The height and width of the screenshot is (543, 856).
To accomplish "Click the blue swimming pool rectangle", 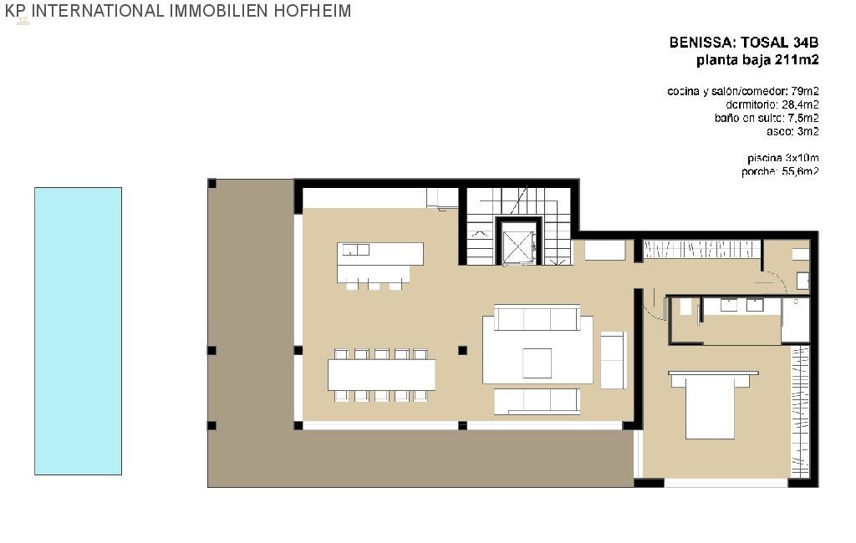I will click(78, 331).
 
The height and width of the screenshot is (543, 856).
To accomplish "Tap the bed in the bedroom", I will click(710, 404).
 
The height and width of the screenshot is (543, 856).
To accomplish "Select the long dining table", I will click(381, 374).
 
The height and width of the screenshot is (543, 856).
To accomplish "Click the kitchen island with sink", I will click(380, 261).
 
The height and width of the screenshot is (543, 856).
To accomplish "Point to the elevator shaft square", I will click(519, 243).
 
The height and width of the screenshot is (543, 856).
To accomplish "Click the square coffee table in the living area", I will click(537, 363).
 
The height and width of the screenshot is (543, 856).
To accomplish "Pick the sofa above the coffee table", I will click(537, 318).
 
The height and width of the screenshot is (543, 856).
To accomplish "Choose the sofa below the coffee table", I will click(537, 400).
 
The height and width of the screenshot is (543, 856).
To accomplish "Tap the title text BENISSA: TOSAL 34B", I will click(743, 42).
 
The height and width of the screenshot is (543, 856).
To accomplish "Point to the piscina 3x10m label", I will click(782, 158).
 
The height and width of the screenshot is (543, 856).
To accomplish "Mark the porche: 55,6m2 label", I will click(779, 171).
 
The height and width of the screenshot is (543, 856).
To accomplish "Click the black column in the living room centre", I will click(463, 350).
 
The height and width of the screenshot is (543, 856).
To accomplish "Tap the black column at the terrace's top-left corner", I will click(212, 183).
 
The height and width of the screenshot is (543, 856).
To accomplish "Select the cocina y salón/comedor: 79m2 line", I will click(742, 91).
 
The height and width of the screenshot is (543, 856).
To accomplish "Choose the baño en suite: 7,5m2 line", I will click(766, 118).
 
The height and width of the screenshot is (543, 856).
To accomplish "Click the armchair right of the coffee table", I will click(613, 359).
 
